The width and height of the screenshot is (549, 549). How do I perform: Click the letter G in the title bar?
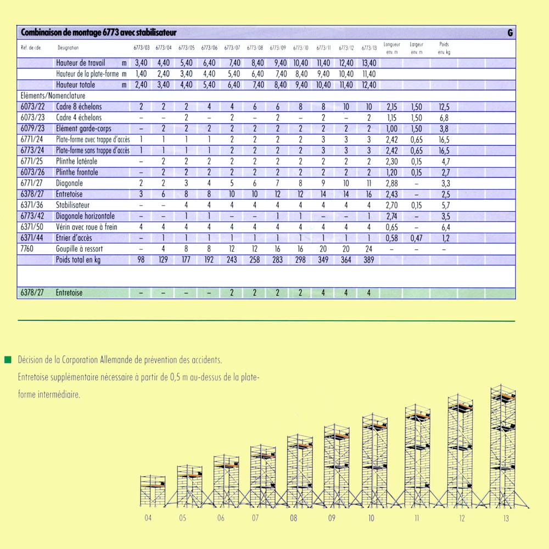click(x=510, y=33)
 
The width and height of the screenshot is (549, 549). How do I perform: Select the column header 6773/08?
click(x=255, y=48)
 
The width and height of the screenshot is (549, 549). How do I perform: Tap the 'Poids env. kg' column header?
click(x=444, y=48)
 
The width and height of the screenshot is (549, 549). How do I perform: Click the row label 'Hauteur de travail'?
click(x=80, y=63)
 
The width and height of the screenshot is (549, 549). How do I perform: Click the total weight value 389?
click(x=369, y=260)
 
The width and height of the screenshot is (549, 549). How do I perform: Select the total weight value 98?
click(x=141, y=260)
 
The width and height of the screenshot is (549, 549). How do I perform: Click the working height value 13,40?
click(x=369, y=63)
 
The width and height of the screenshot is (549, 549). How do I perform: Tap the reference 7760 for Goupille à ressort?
click(x=27, y=249)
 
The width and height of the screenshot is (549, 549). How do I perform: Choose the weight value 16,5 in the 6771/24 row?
click(x=444, y=139)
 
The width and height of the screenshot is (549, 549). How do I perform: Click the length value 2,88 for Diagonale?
click(x=391, y=183)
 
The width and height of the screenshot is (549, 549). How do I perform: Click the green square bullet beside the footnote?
click(x=8, y=360)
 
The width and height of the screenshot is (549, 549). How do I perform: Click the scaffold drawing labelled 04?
click(x=152, y=490)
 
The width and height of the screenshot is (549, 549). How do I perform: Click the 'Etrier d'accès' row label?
click(x=74, y=238)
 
